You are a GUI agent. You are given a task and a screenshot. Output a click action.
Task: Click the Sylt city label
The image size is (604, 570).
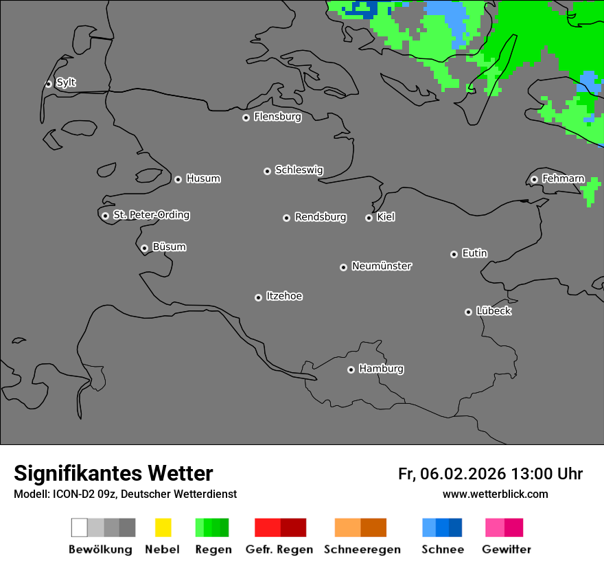click(x=66, y=83)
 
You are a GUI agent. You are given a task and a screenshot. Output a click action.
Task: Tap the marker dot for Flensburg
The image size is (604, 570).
click(x=246, y=117)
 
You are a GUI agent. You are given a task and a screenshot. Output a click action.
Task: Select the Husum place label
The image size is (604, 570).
click(x=203, y=179)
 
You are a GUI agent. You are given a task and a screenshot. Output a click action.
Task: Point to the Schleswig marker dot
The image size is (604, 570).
click(x=267, y=171)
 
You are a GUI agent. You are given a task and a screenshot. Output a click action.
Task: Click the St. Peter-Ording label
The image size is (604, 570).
click(x=151, y=215)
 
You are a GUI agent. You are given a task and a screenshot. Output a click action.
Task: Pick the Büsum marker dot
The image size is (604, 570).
click(x=144, y=248)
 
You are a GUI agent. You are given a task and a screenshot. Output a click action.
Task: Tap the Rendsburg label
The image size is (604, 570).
click(x=321, y=218)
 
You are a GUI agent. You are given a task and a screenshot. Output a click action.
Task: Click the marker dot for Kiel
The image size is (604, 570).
click(x=369, y=218)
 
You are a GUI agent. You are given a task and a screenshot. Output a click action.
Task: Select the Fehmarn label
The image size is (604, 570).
click(x=563, y=179)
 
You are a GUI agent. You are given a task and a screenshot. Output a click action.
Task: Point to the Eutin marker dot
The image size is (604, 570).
click(x=454, y=254)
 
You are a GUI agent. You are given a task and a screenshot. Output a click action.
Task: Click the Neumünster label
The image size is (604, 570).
click(x=382, y=266)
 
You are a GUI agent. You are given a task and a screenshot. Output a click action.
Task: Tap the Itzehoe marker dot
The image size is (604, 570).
click(x=258, y=297)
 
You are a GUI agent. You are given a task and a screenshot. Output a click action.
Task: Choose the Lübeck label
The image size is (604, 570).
click(x=493, y=311)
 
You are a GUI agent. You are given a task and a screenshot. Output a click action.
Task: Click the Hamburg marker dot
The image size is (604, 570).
click(x=351, y=369)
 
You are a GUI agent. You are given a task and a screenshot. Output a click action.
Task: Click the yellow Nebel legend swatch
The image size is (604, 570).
click(x=163, y=527)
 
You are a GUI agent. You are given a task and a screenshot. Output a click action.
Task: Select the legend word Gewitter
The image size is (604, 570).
click(x=507, y=549)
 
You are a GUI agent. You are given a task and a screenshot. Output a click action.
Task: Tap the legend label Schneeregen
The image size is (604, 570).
click(x=361, y=549)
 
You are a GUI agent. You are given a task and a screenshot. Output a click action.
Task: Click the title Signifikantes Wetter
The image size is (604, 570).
click(x=113, y=473)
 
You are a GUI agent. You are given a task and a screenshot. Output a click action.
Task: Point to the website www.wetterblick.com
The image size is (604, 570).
click(x=496, y=494)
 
